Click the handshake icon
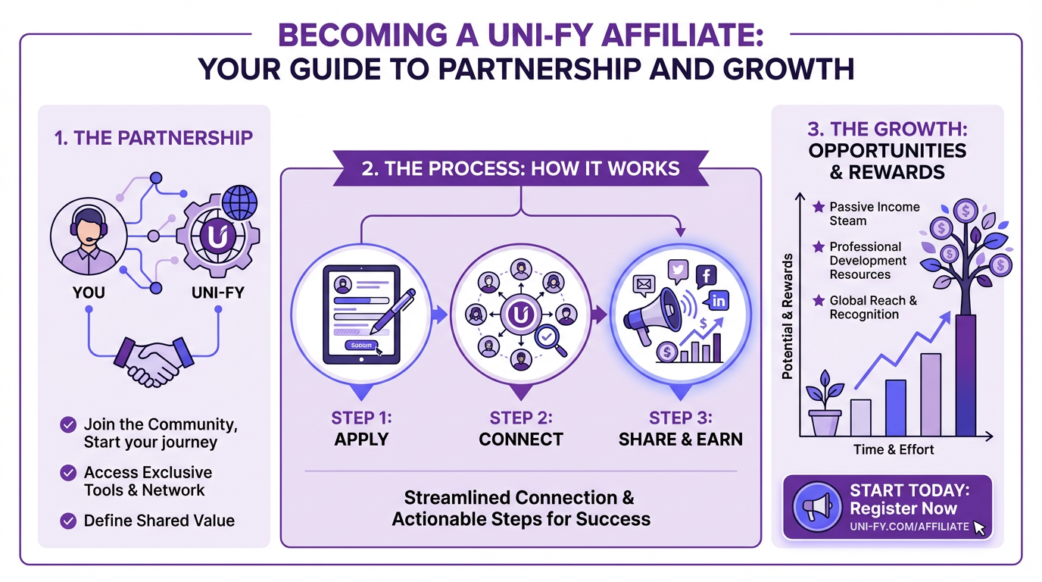(x=154, y=360)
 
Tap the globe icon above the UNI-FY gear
(x=238, y=204)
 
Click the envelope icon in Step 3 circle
(x=644, y=286)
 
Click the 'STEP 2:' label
(x=521, y=418)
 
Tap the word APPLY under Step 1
(x=361, y=440)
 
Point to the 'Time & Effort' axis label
(x=894, y=449)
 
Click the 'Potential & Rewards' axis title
(x=788, y=316)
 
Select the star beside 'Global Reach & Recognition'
(x=818, y=301)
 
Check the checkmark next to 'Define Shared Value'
(x=68, y=521)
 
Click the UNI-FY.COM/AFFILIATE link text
(x=909, y=527)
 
